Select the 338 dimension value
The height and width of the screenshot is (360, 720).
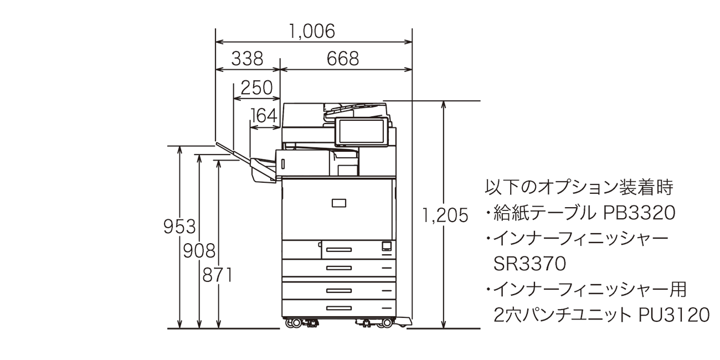[x=247, y=59]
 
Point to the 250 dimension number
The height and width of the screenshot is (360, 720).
[x=256, y=88]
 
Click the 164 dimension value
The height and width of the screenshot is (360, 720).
[x=264, y=115]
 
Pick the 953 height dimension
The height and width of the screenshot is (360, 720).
[x=180, y=227]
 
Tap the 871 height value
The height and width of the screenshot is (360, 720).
[x=219, y=275]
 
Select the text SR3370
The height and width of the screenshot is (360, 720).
[x=529, y=264]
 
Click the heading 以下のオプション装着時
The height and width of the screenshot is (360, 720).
[x=579, y=187]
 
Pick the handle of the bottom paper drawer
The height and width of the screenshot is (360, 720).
[x=338, y=307]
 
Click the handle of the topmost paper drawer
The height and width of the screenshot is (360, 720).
[x=338, y=249]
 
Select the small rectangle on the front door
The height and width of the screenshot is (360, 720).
[x=338, y=203]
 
